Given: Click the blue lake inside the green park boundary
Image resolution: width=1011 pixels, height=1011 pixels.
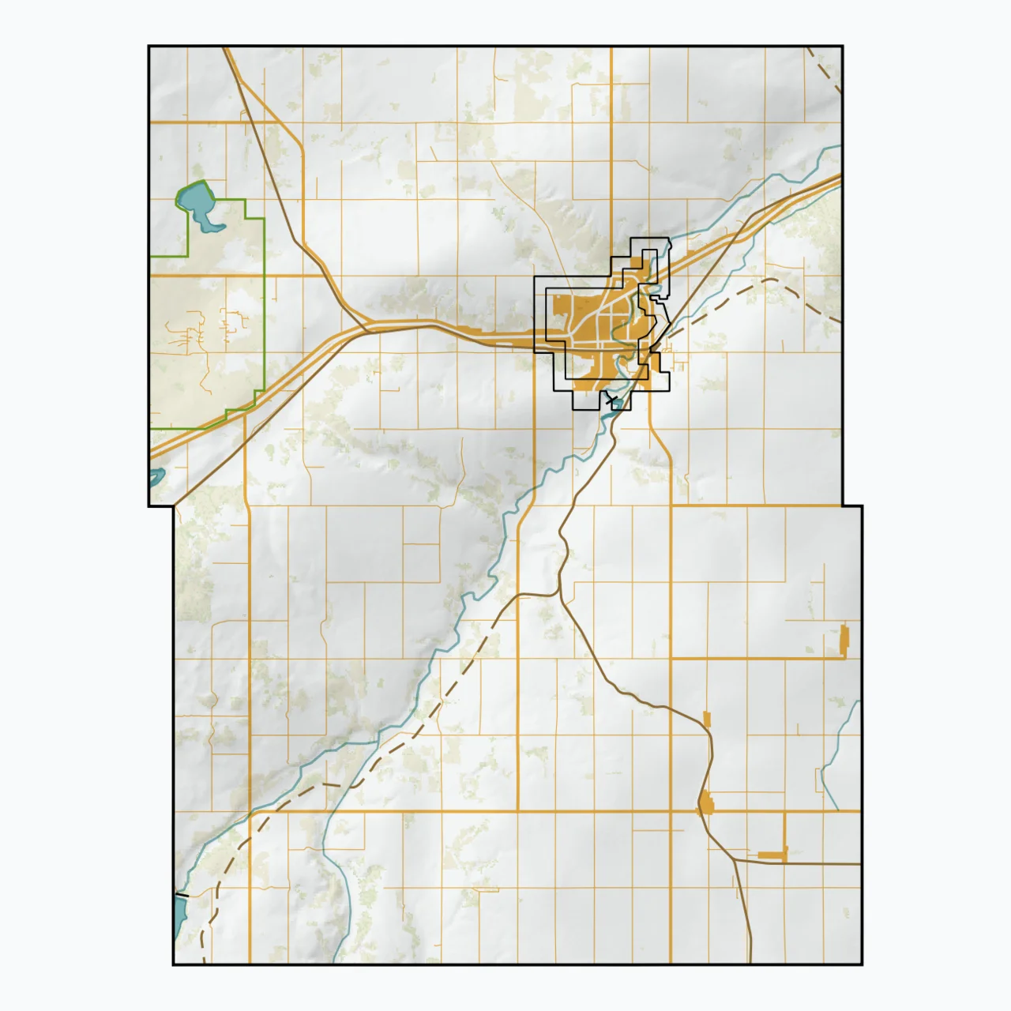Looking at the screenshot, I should (201, 206).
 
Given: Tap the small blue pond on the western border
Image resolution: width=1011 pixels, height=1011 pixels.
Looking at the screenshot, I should (156, 477).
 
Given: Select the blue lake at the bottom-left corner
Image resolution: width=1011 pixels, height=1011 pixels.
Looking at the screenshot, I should (179, 915).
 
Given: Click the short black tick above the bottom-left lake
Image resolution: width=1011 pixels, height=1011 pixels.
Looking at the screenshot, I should (181, 895).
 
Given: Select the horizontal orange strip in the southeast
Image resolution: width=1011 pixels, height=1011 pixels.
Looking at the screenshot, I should (772, 855).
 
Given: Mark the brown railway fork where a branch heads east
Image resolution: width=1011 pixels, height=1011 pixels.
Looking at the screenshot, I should (735, 859).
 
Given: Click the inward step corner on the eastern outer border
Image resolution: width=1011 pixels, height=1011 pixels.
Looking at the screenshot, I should (843, 505).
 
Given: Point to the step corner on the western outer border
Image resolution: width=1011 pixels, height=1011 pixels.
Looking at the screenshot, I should (173, 505).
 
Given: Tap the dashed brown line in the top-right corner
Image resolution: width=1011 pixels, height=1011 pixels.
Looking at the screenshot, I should (825, 71).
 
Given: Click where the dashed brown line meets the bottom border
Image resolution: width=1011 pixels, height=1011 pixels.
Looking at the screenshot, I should (203, 963).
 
